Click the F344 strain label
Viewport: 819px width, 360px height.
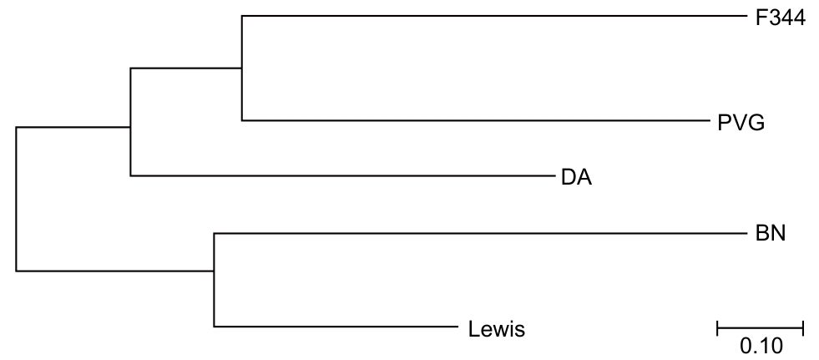tap(781, 19)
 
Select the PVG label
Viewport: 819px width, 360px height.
tap(741, 124)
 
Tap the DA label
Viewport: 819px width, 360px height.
tap(577, 178)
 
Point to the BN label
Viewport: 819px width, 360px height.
tap(771, 233)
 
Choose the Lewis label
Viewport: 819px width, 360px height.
tap(497, 330)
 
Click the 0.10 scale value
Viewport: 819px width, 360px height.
tap(761, 347)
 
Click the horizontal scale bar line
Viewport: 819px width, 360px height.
tap(760, 328)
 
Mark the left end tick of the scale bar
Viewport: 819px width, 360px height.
tap(718, 328)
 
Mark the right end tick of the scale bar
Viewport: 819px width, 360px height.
tap(802, 328)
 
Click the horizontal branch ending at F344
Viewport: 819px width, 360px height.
tap(494, 16)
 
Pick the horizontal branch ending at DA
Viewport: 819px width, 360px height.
tap(342, 175)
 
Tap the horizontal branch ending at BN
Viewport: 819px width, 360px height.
tap(481, 234)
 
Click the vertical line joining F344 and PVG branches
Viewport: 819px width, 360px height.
tap(242, 68)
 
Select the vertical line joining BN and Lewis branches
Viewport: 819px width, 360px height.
tap(215, 280)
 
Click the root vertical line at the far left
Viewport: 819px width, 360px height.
tap(16, 199)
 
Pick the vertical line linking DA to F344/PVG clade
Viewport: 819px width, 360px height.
tap(130, 122)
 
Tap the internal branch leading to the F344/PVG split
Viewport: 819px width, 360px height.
tap(186, 68)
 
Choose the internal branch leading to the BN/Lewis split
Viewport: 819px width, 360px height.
tap(115, 271)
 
